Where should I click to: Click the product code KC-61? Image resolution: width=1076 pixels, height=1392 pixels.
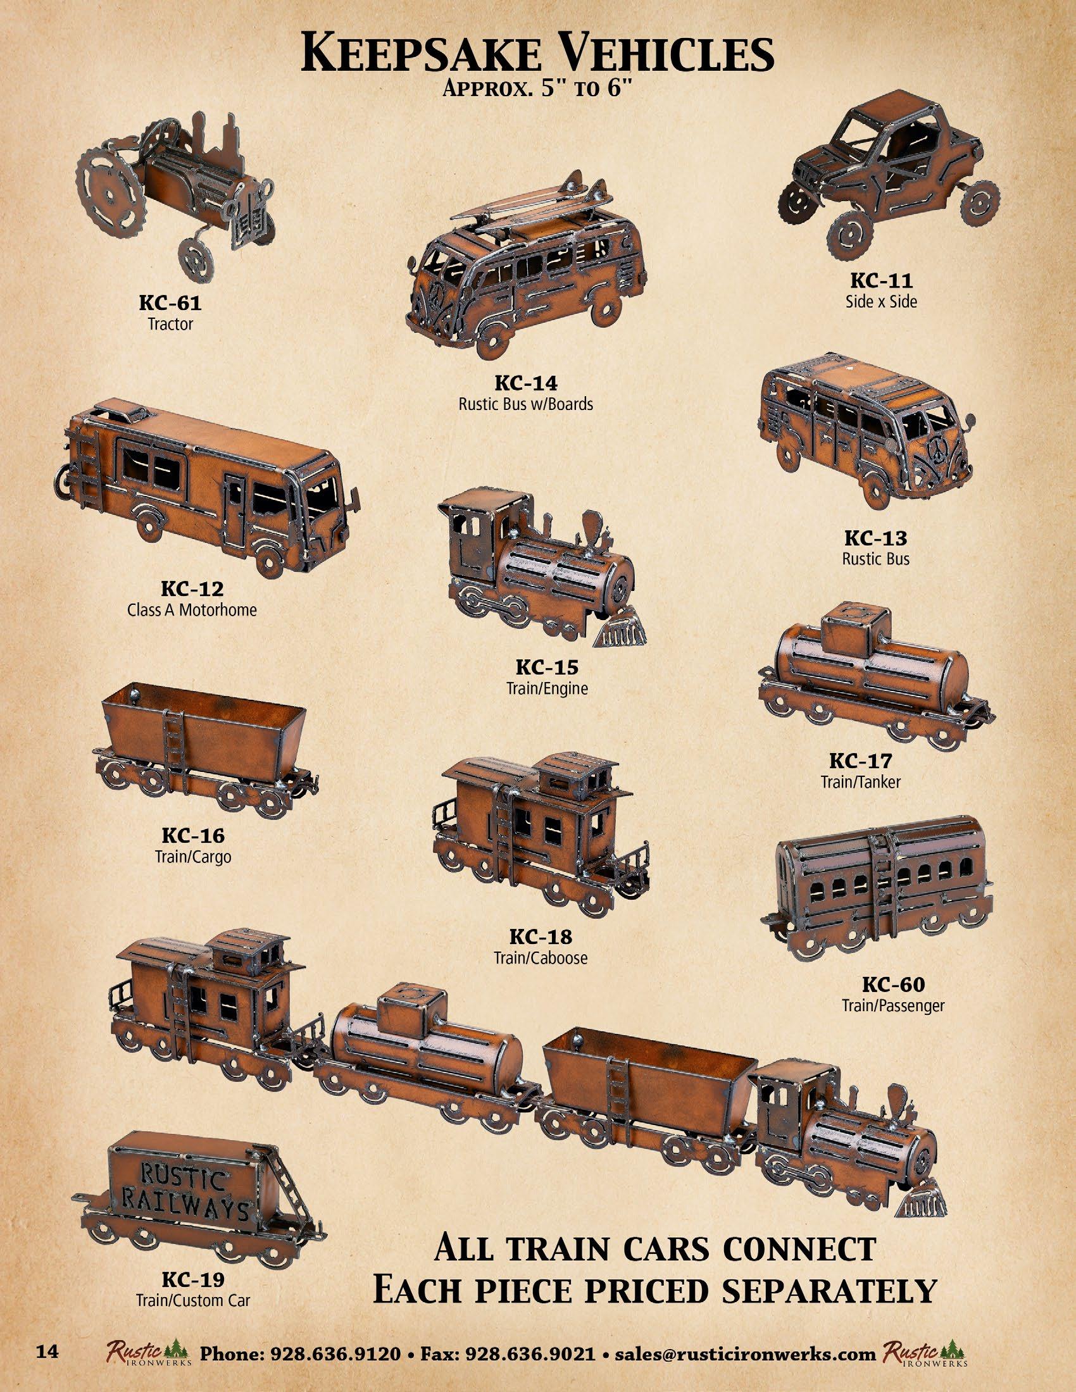[x=170, y=303]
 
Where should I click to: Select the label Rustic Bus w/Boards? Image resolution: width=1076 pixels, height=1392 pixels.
[x=525, y=404]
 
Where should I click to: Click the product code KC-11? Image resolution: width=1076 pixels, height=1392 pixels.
[x=882, y=280]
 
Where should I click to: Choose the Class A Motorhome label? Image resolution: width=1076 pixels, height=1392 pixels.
[x=192, y=609]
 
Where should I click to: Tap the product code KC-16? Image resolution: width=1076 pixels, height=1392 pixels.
[x=192, y=836]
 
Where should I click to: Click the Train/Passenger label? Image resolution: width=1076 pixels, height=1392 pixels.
[x=892, y=1006]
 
